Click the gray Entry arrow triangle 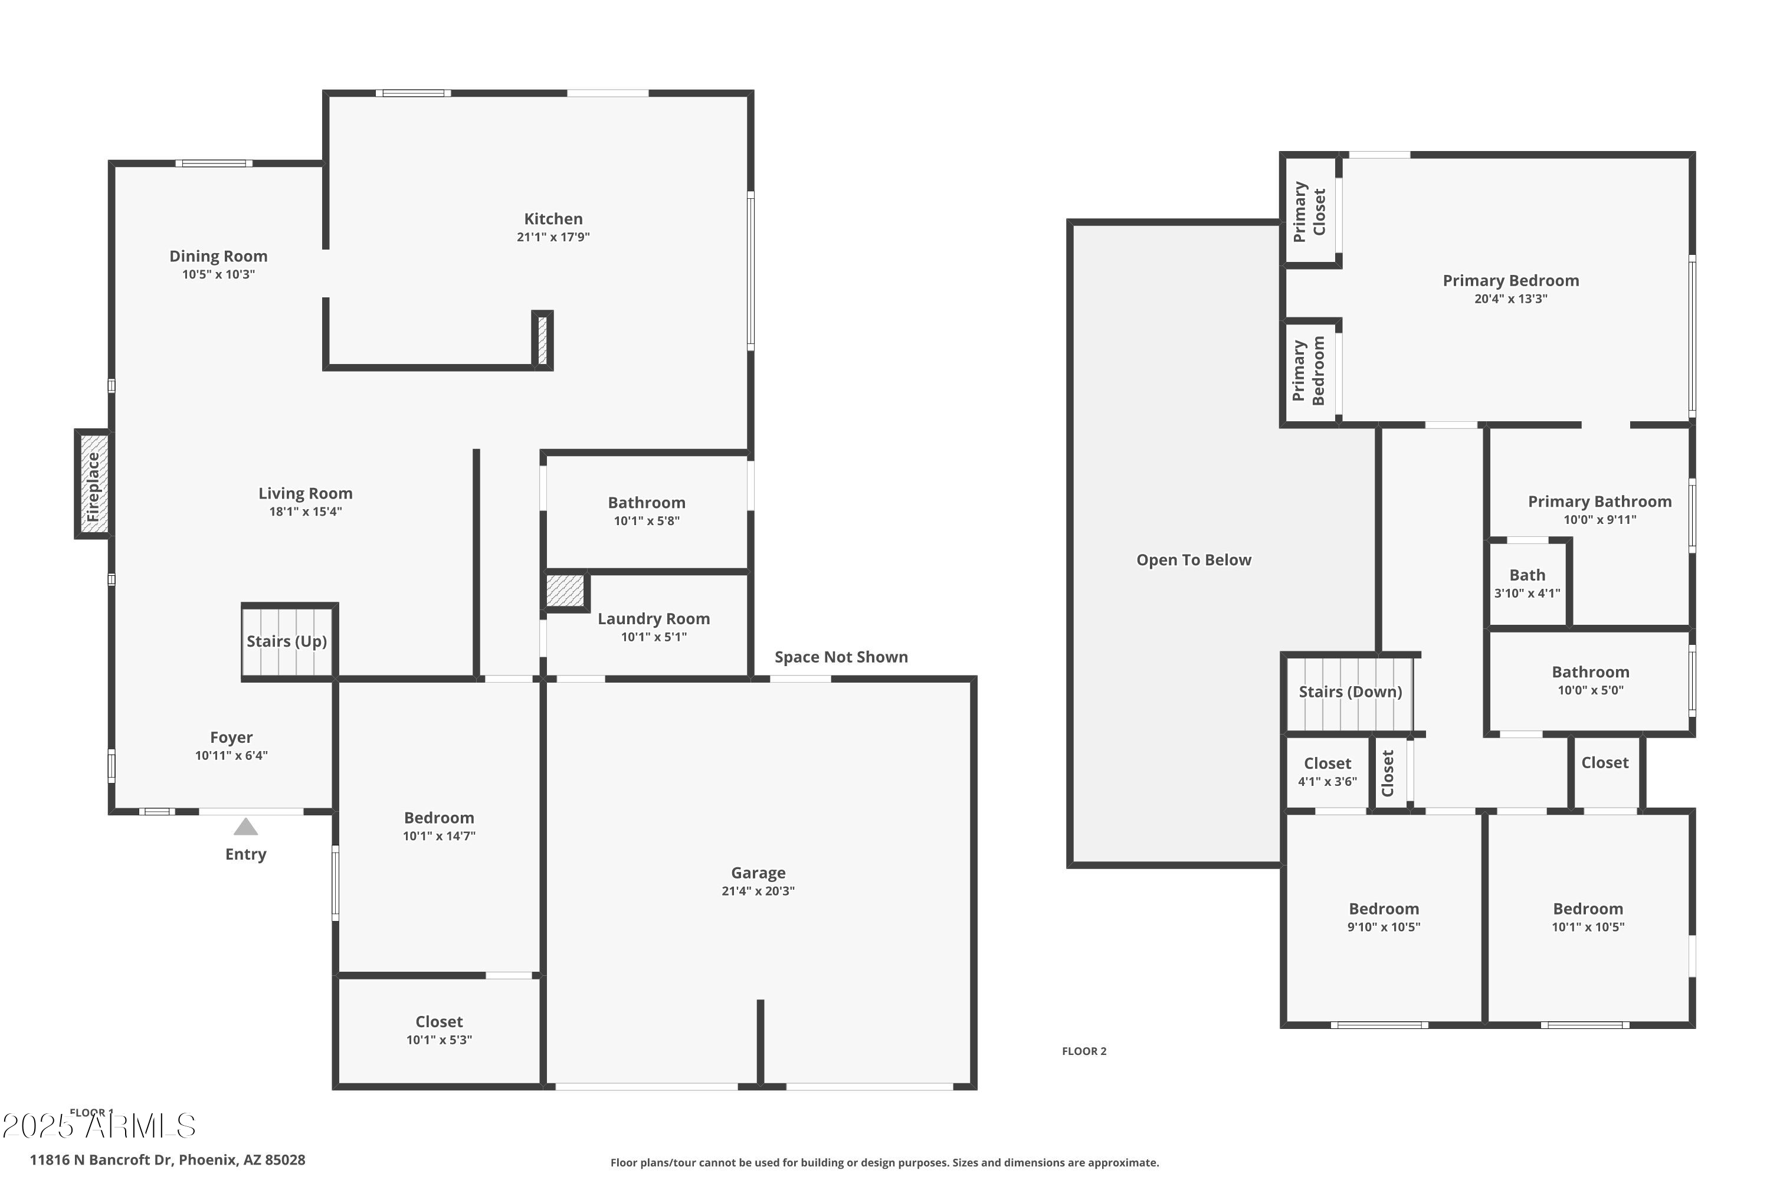[245, 827]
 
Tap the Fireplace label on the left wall [93, 486]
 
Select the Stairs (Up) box [287, 641]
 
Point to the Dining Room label [218, 256]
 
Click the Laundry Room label [653, 618]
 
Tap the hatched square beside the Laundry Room [565, 590]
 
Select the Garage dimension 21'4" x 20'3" [758, 891]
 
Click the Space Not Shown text [841, 657]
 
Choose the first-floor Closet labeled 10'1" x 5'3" [439, 1030]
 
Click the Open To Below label [1194, 560]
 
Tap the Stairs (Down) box [1350, 692]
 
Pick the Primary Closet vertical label [1309, 211]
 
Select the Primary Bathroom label [1599, 501]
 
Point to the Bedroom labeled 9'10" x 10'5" [1383, 917]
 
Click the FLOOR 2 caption [1084, 1051]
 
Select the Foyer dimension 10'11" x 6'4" [231, 756]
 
